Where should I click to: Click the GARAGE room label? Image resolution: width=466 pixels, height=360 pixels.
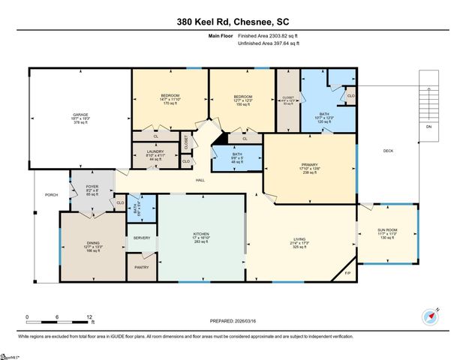[80, 115]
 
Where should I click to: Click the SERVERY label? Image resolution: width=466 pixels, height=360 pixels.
[142, 238]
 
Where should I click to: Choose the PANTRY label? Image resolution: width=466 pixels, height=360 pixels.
[141, 266]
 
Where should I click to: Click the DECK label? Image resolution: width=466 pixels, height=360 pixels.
[388, 151]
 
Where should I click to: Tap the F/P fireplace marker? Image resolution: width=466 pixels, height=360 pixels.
[347, 271]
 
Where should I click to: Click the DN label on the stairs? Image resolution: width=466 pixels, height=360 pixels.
[428, 127]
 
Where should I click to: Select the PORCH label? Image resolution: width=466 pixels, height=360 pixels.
[51, 194]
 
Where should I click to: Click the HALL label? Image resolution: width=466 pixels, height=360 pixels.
[200, 179]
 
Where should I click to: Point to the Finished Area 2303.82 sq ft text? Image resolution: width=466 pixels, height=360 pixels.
[269, 35]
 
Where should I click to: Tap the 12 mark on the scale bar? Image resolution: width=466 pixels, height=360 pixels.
[91, 316]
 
